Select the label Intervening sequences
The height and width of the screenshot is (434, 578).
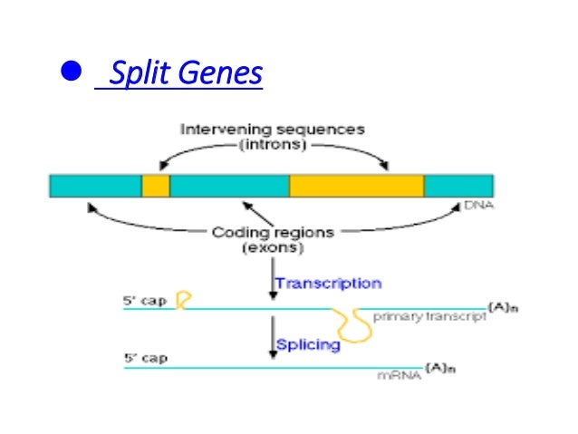(x=272, y=129)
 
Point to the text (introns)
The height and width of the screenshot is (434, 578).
(x=273, y=144)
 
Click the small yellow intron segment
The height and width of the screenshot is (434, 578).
(x=155, y=186)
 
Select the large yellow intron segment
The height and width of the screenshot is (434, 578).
(x=356, y=186)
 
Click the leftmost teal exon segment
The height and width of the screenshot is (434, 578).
(x=95, y=186)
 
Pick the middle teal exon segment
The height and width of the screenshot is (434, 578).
(x=229, y=186)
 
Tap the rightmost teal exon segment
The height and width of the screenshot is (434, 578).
(x=458, y=186)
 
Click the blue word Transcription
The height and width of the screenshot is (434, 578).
(x=328, y=284)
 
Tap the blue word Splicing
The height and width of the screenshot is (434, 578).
(x=308, y=344)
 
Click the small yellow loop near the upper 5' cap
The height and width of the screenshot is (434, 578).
(x=182, y=300)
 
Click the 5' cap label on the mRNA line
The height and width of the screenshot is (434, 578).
(x=145, y=358)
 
